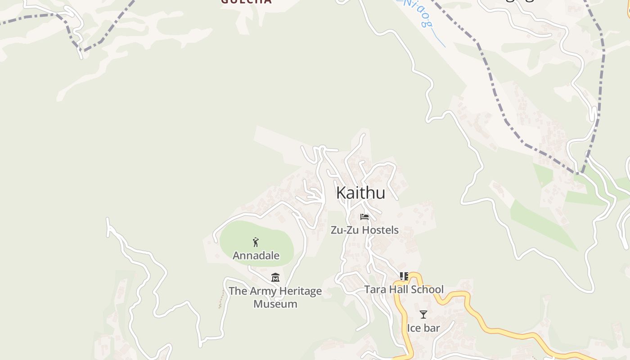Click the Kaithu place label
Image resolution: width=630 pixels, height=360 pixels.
360,193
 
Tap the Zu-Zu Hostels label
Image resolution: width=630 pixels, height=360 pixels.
364,230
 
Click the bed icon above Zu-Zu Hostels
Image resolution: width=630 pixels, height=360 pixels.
364,217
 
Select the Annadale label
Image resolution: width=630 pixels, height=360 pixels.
256,256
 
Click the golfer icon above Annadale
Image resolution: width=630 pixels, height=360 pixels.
256,242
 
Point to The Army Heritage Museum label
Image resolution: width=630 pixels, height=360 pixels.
275,297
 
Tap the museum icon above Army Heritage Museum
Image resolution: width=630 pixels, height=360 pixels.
275,277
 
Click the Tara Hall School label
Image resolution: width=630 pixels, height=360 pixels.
404,289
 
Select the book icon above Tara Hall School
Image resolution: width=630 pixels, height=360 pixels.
404,276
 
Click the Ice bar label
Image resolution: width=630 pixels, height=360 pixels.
423,328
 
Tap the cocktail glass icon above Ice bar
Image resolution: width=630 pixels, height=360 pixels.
423,315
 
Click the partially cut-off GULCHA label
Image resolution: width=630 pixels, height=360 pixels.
246,2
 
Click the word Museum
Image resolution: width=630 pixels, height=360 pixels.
275,304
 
